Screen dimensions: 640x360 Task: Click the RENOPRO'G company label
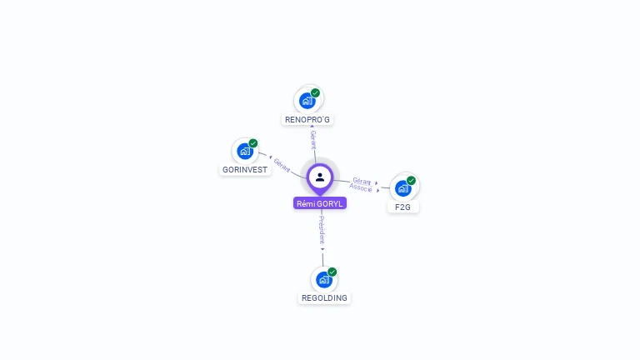tap(307, 119)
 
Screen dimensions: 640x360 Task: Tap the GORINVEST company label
tap(245, 169)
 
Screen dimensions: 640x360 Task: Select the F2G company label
tap(403, 206)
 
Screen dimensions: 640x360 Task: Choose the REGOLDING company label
tap(324, 297)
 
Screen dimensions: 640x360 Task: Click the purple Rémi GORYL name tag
tap(320, 203)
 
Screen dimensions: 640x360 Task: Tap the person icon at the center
tap(320, 177)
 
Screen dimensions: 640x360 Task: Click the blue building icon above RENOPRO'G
tap(307, 101)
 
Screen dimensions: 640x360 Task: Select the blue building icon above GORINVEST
tap(244, 152)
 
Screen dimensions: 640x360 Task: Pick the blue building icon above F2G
tap(402, 187)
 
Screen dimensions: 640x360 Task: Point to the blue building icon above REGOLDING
tap(323, 280)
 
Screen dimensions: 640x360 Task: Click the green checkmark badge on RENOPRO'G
tap(315, 92)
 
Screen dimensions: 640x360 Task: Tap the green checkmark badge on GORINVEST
tap(253, 143)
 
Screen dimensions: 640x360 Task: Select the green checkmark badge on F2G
tap(411, 180)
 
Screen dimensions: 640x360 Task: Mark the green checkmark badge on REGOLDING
tap(332, 272)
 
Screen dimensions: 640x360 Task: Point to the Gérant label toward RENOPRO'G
tap(313, 139)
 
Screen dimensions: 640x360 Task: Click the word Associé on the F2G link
tap(361, 188)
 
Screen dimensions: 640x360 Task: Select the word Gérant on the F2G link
tap(362, 181)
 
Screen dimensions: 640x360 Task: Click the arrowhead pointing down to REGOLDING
tap(322, 248)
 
